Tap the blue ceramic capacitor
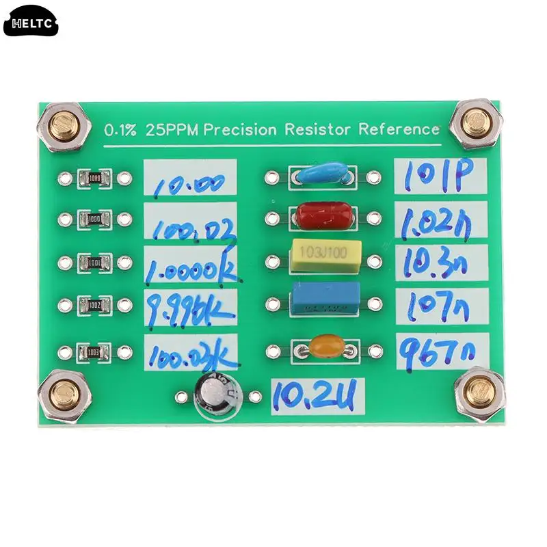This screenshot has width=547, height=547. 322,174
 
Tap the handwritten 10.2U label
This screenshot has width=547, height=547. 317,395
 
